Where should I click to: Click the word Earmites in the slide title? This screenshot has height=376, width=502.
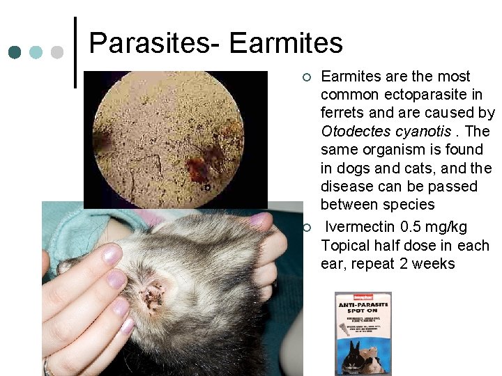tap(286, 43)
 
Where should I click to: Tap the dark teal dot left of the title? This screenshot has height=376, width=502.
tap(15, 52)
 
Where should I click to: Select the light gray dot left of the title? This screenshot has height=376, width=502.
tap(57, 52)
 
